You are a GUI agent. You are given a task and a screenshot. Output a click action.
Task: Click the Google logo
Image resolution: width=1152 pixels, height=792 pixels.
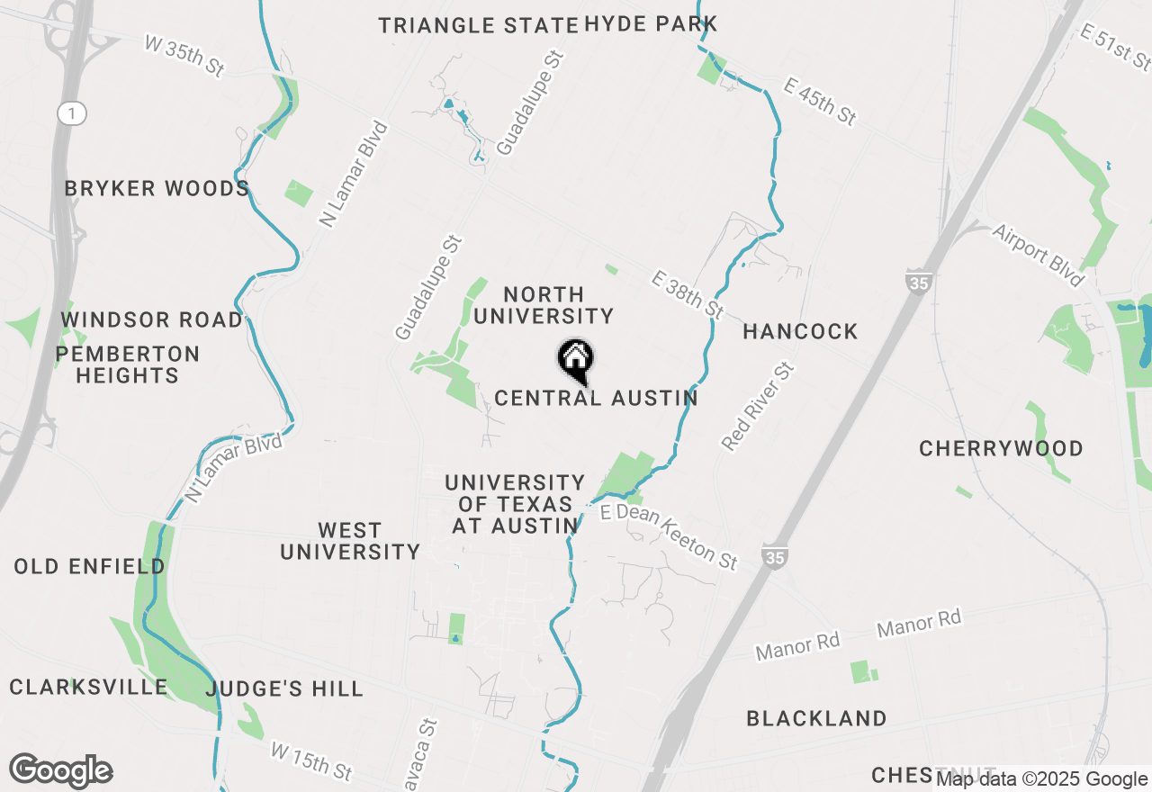pyautogui.click(x=60, y=771)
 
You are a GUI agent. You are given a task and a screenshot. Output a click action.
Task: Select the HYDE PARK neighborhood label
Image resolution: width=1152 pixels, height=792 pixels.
pyautogui.click(x=651, y=24)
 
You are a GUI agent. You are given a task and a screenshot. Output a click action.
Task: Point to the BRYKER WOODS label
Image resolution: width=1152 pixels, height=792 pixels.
pyautogui.click(x=157, y=189)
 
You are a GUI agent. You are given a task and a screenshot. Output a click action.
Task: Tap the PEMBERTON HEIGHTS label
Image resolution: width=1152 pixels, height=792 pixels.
pyautogui.click(x=128, y=364)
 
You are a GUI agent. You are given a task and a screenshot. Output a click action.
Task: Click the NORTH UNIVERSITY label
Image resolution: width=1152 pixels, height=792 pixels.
pyautogui.click(x=544, y=305)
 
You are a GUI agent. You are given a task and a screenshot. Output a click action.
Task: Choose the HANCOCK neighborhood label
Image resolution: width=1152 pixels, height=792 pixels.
pyautogui.click(x=800, y=332)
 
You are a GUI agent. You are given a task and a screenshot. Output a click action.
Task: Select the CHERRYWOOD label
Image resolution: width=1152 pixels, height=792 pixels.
pyautogui.click(x=1001, y=448)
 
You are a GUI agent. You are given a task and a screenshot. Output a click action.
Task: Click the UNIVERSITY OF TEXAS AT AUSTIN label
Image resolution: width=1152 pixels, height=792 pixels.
pyautogui.click(x=515, y=505)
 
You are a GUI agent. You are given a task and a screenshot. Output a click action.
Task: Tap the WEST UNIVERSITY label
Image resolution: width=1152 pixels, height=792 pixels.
pyautogui.click(x=349, y=541)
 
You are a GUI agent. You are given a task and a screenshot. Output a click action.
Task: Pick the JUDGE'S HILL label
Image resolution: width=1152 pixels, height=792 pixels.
pyautogui.click(x=284, y=689)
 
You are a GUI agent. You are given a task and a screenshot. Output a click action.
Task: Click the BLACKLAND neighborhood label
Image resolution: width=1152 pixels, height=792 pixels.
pyautogui.click(x=816, y=718)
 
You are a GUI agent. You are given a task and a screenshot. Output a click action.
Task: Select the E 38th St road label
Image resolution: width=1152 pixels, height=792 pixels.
pyautogui.click(x=688, y=294)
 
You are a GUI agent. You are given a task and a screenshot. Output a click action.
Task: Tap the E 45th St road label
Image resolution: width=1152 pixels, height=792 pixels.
pyautogui.click(x=819, y=102)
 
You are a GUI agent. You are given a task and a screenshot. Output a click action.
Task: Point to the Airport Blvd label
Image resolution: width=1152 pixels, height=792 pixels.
pyautogui.click(x=1038, y=256)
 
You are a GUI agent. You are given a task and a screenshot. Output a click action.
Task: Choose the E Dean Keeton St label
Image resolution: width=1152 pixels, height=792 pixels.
pyautogui.click(x=669, y=535)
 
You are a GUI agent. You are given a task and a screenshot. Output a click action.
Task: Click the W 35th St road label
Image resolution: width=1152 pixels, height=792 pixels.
pyautogui.click(x=183, y=56)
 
